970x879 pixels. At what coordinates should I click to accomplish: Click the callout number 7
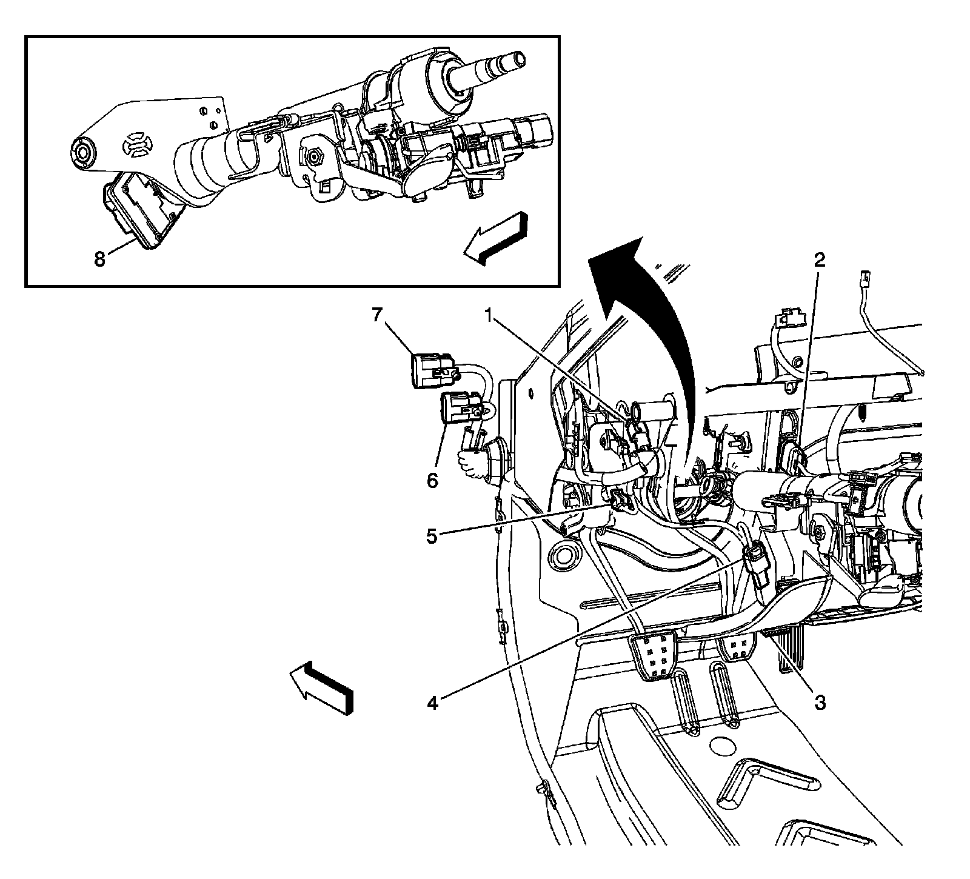point(378,315)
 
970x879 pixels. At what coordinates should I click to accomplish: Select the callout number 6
point(432,481)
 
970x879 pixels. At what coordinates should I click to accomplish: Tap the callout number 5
point(432,536)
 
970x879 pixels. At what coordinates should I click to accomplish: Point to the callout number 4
point(432,702)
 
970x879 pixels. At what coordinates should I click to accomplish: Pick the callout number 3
point(819,702)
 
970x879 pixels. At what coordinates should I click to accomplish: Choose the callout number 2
point(819,261)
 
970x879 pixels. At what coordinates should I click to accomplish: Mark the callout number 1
point(489,315)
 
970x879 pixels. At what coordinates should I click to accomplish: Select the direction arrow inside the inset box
point(495,238)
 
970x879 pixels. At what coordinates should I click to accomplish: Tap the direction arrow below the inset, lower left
point(321,686)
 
